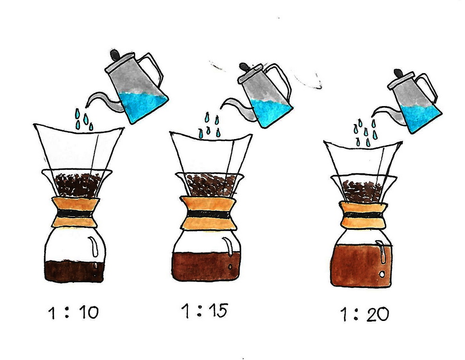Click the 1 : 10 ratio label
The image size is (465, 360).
(x=73, y=312)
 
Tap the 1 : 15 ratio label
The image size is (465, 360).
(x=205, y=311)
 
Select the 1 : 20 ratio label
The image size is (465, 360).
(x=365, y=314)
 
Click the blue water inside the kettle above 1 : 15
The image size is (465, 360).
(x=270, y=112)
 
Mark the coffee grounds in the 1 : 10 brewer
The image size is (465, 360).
(x=78, y=185)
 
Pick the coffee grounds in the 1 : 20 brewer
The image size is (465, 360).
(x=362, y=192)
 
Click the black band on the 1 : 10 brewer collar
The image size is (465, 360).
(x=75, y=213)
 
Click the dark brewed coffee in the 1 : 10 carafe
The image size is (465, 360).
(x=74, y=271)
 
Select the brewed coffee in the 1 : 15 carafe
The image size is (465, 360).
(x=206, y=266)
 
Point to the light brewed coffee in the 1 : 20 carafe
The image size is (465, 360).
(x=360, y=266)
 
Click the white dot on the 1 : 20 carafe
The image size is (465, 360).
(x=382, y=274)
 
